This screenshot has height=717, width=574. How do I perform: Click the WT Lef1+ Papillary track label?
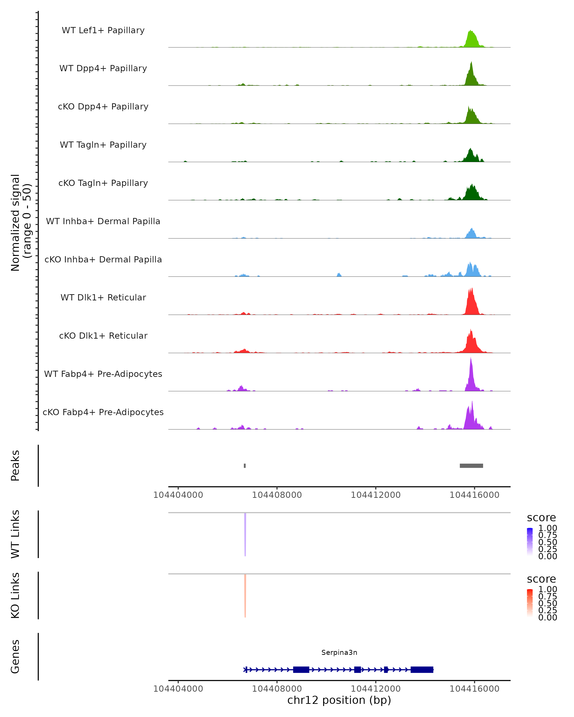pos(103,30)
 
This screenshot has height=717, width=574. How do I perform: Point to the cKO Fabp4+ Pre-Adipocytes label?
pos(103,412)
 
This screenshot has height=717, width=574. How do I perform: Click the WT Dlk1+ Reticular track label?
pos(103,297)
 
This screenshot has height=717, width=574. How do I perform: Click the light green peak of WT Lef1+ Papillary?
pos(471,40)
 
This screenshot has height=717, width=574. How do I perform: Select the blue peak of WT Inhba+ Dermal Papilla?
pos(471,234)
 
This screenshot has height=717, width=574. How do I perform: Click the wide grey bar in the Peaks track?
pos(471,466)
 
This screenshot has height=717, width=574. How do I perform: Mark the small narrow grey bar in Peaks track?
pos(245,466)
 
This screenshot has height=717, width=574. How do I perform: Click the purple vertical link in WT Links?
pos(245,534)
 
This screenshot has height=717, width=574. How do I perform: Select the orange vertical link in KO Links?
pos(245,595)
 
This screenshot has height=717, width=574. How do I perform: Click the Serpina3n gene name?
pos(339,652)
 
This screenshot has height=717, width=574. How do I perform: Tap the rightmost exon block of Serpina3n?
pos(422,669)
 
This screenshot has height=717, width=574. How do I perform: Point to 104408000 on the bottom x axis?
pos(277,689)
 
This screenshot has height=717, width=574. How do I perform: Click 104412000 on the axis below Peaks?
pos(376,495)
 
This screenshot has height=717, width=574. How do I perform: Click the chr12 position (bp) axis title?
pos(339,700)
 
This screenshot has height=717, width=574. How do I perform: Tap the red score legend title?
pos(541,579)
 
